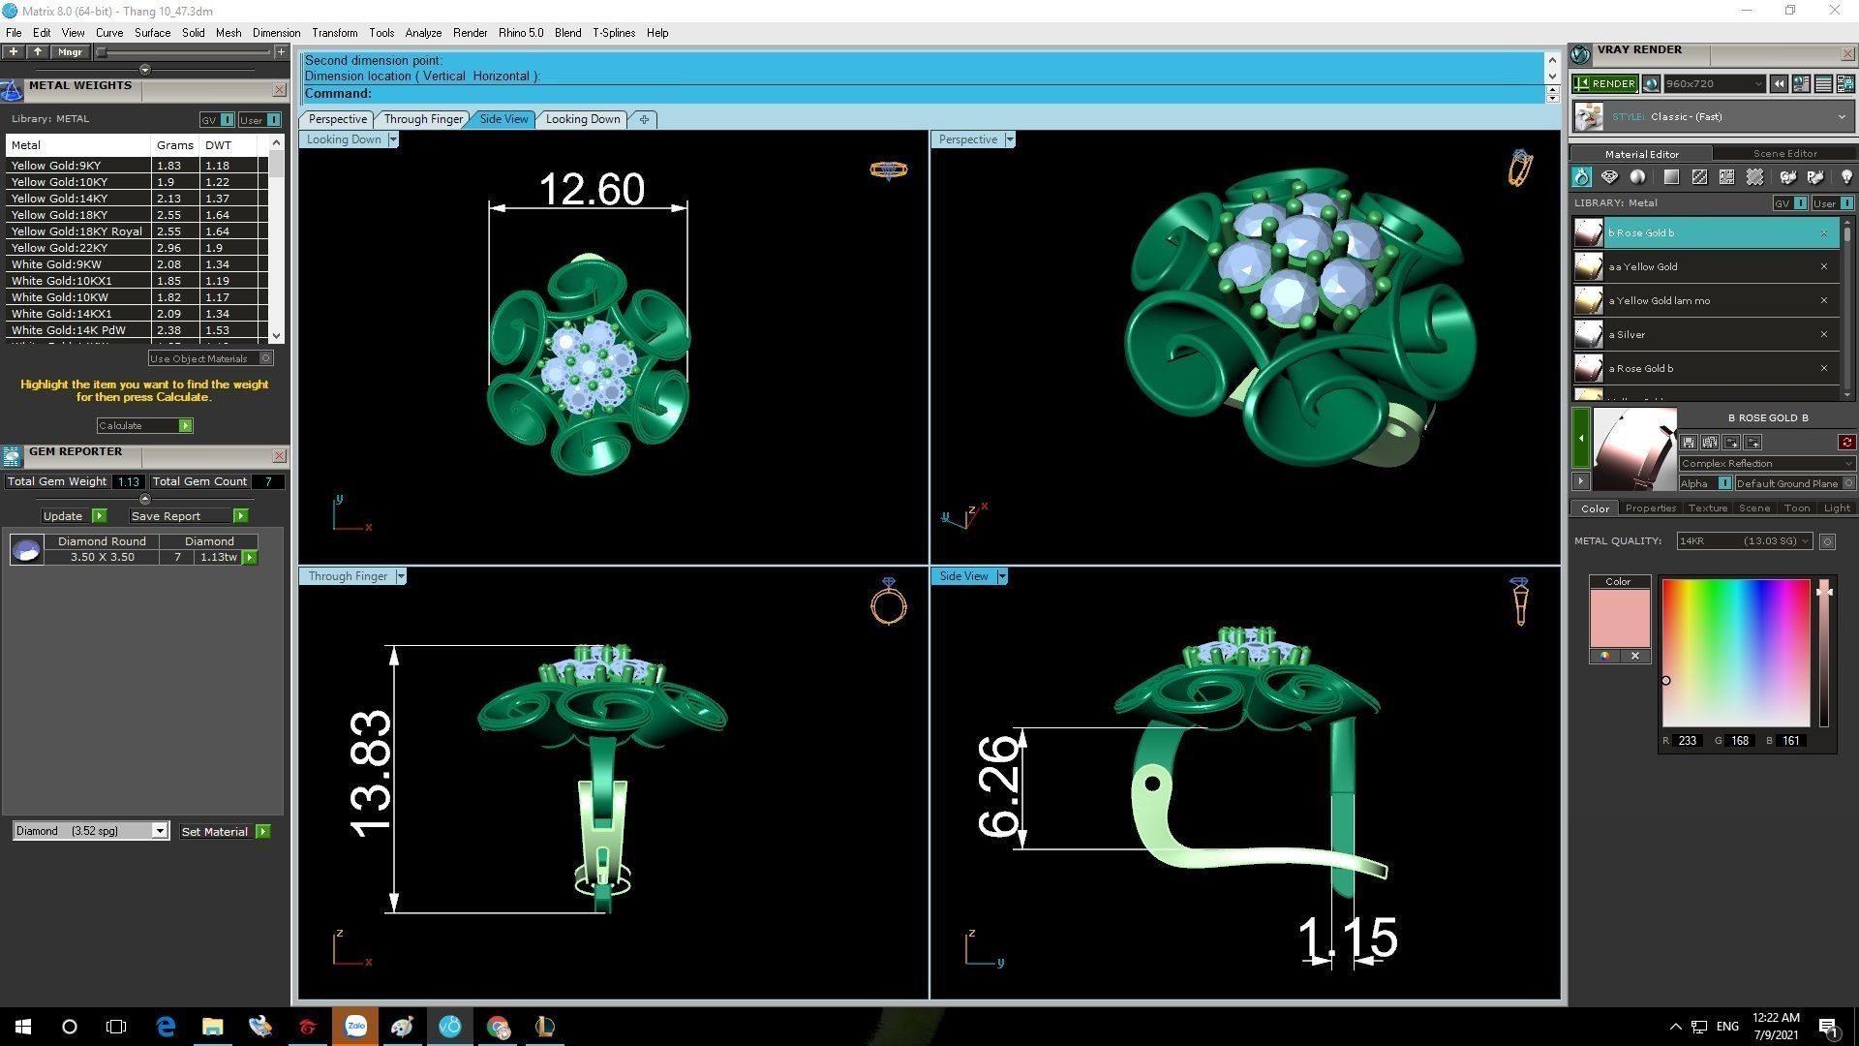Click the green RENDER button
pyautogui.click(x=1604, y=84)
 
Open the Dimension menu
pyautogui.click(x=276, y=33)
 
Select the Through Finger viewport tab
pyautogui.click(x=423, y=119)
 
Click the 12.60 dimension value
pyautogui.click(x=591, y=189)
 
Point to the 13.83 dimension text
pyautogui.click(x=371, y=774)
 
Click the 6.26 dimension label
pyautogui.click(x=998, y=785)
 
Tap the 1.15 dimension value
pyautogui.click(x=1347, y=937)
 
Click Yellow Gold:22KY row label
pyautogui.click(x=59, y=248)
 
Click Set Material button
pyautogui.click(x=215, y=832)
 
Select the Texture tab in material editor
pyautogui.click(x=1707, y=508)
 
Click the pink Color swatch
pyautogui.click(x=1619, y=618)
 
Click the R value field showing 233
pyautogui.click(x=1688, y=741)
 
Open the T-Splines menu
pyautogui.click(x=614, y=33)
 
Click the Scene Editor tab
pyautogui.click(x=1784, y=154)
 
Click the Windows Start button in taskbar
pyautogui.click(x=23, y=1027)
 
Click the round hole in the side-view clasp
pyautogui.click(x=1152, y=783)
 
